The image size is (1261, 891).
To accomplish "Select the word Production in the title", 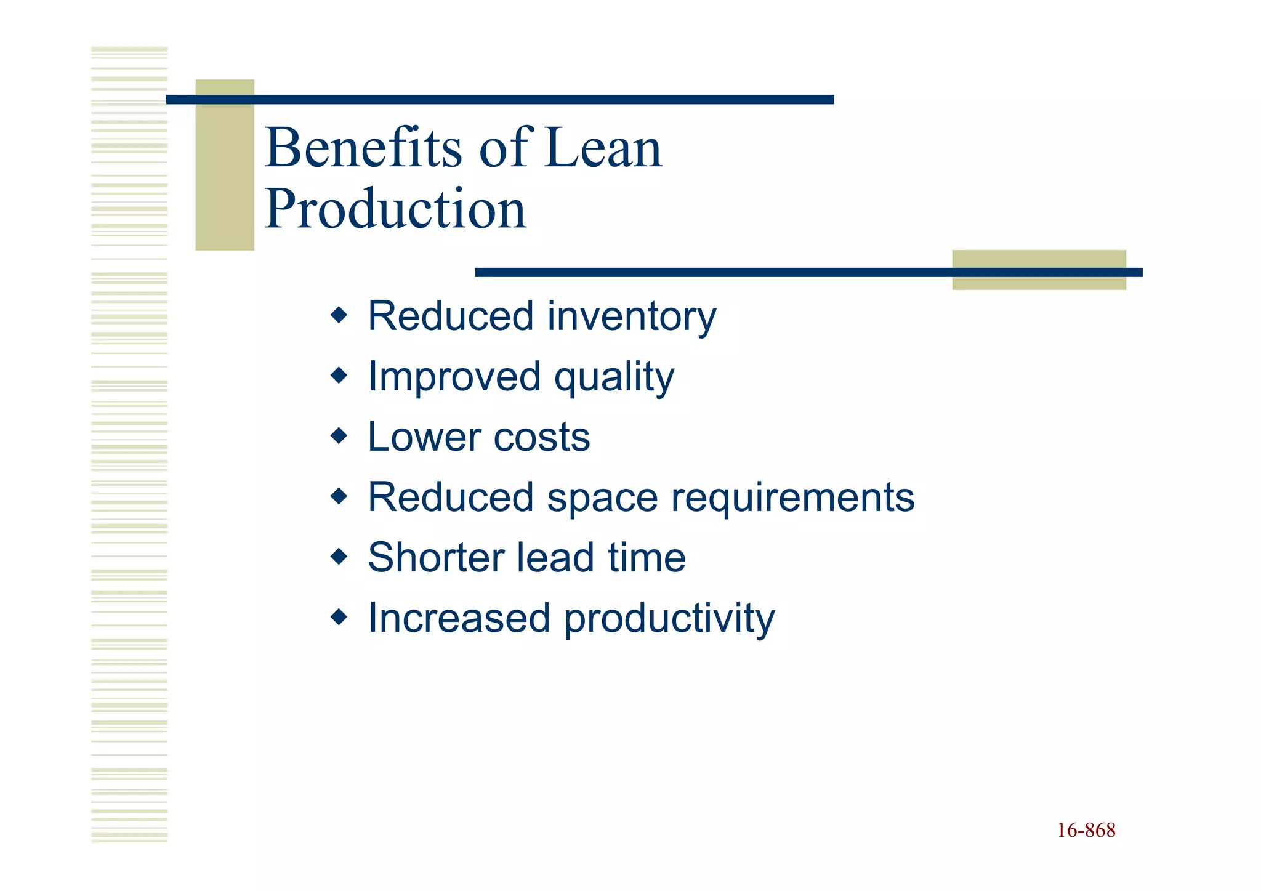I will point(395,209).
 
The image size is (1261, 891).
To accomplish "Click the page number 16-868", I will point(1086,830).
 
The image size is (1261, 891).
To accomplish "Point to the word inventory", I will point(632,316).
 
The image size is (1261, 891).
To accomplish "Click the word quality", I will point(614,377).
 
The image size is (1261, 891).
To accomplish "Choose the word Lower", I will point(424,437).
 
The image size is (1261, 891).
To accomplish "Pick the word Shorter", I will point(436,557).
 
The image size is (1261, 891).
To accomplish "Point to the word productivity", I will point(669,618).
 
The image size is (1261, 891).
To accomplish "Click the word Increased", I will point(459,618).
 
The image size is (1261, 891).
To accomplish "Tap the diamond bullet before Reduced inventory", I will point(339,316).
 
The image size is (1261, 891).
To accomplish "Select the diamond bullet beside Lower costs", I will point(339,437).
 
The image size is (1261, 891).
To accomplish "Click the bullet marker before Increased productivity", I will point(339,616).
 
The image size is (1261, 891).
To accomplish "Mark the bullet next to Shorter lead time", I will point(339,557).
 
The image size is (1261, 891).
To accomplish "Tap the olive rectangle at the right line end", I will point(1039,270).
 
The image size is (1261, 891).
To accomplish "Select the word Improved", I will point(454,377).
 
